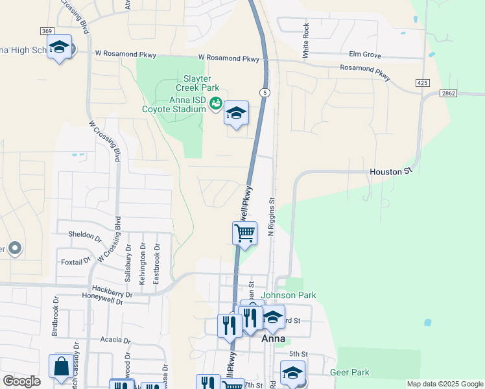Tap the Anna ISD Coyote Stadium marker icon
(217, 104)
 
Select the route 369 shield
(47, 31)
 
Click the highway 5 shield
(265, 93)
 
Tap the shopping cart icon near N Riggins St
(245, 233)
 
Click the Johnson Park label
(289, 295)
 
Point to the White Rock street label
(305, 41)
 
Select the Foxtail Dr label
(76, 261)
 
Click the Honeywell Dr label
(107, 294)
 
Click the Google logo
(21, 381)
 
